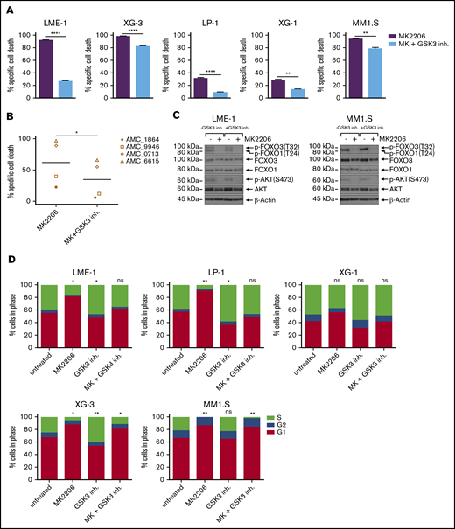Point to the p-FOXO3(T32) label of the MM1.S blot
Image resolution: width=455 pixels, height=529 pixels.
click(x=429, y=140)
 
